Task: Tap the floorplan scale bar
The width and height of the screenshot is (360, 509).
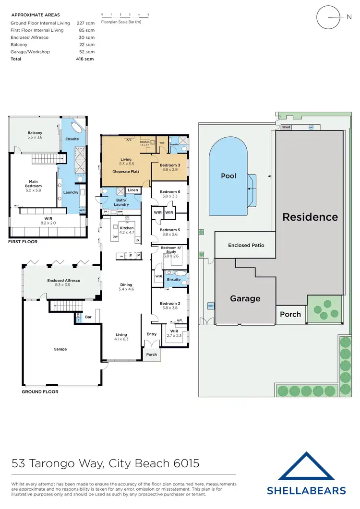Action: [125, 16]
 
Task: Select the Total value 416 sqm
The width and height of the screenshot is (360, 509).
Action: [87, 59]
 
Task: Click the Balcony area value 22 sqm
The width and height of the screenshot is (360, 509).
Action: [89, 45]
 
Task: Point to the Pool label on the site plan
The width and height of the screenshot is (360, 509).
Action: [228, 176]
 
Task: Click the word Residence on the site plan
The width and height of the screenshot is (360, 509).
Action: [310, 217]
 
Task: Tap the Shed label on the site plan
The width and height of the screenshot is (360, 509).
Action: [286, 127]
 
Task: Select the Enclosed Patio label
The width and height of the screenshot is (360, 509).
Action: [246, 245]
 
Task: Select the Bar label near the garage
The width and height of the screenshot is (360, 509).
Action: [88, 317]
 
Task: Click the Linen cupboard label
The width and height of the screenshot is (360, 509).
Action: [133, 190]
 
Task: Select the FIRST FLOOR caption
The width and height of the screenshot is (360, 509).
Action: [23, 242]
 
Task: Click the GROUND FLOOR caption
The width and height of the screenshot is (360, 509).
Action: [40, 392]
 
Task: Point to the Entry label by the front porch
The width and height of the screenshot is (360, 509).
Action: [151, 334]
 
